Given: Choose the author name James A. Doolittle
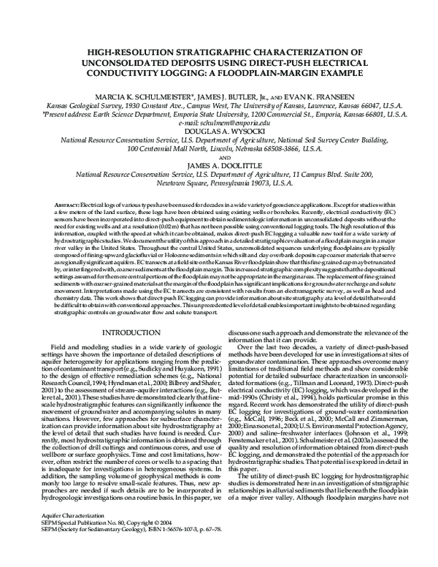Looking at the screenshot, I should coord(218,166).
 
